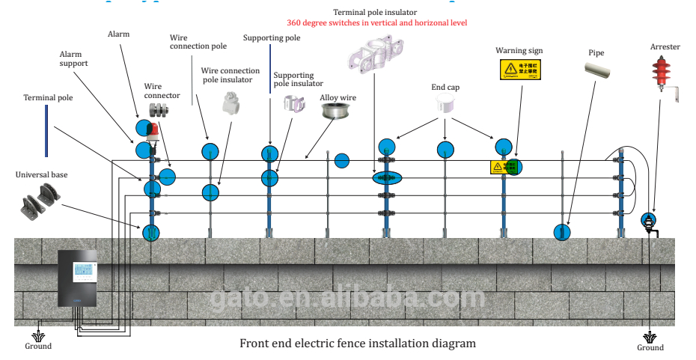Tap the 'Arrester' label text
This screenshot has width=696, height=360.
665,47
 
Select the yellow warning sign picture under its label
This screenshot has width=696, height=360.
519,71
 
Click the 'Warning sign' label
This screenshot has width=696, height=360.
519,51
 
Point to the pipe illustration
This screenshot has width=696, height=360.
603,71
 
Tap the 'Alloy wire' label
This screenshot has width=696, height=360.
338,97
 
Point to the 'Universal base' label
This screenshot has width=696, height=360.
41,174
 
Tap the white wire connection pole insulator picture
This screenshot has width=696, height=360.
231,103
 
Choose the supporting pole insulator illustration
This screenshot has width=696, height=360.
294,104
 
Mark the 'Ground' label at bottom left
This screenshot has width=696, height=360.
38,346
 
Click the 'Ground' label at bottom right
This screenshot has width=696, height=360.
650,347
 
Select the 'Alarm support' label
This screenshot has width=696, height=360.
74,58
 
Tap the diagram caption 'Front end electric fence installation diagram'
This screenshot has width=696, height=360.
357,344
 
